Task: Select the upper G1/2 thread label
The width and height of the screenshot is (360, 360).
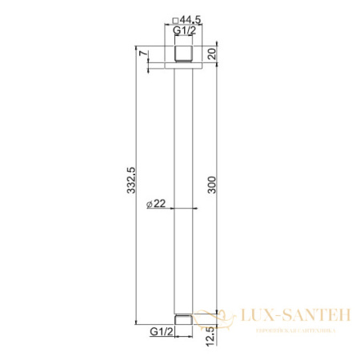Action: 186,32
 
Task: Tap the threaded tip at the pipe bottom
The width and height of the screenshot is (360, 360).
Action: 186,318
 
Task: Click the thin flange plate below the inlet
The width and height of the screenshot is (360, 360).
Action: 186,66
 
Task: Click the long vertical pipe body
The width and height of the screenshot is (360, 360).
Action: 186,160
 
